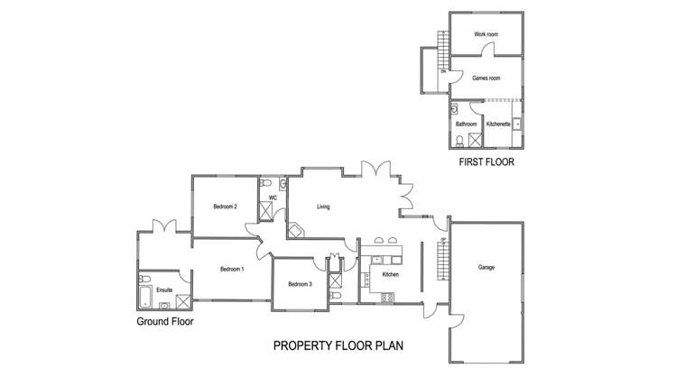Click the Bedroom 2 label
225,207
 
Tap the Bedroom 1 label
232,269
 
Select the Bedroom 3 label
301,285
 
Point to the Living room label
323,207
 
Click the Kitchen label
391,274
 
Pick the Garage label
486,268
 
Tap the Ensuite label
164,290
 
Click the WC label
272,196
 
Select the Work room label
486,34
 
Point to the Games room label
486,78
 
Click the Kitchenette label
498,124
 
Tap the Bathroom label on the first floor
466,124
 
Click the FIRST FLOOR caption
486,163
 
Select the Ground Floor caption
164,321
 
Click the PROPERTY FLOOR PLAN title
338,345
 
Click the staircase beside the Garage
442,262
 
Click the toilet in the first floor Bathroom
460,140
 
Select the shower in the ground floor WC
268,212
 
